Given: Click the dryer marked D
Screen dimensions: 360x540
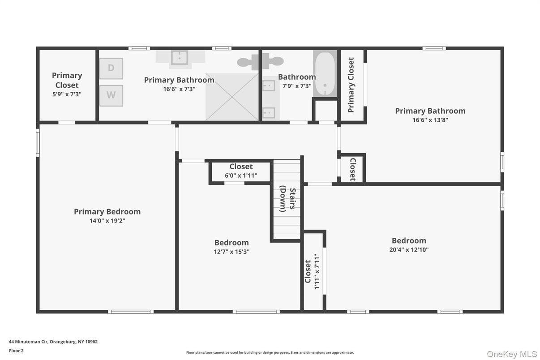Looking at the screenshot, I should tap(111, 69).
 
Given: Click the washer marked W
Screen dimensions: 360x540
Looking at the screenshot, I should tap(111, 95).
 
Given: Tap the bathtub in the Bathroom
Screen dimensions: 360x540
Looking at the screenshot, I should tap(325, 73).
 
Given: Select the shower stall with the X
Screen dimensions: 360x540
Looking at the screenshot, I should tap(232, 97).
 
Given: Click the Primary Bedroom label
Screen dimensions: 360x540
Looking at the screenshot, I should tap(107, 211).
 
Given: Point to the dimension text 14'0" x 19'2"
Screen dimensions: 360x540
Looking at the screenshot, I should tap(107, 221).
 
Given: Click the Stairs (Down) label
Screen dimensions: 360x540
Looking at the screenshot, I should tap(287, 199).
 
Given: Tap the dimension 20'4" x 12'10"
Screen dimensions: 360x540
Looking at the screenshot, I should tap(409, 250).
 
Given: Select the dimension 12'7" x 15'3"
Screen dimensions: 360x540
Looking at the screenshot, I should tap(231, 252).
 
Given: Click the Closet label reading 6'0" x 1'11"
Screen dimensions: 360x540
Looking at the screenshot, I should tap(241, 171).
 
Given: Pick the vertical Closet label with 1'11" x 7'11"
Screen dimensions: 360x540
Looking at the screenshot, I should tap(312, 271).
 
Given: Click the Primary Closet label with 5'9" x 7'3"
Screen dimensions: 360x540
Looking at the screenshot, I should tap(67, 84).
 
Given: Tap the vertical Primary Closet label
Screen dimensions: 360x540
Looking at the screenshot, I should tap(351, 85).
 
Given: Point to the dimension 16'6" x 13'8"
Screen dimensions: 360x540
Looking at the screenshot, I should tap(430, 120).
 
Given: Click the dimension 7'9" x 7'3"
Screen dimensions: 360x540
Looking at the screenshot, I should tap(296, 86).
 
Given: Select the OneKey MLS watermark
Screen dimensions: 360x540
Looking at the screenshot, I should tap(511, 354).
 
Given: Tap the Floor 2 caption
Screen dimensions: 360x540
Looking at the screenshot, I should tap(16, 351).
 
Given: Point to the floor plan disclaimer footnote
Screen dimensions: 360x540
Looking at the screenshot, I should tap(270, 352).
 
